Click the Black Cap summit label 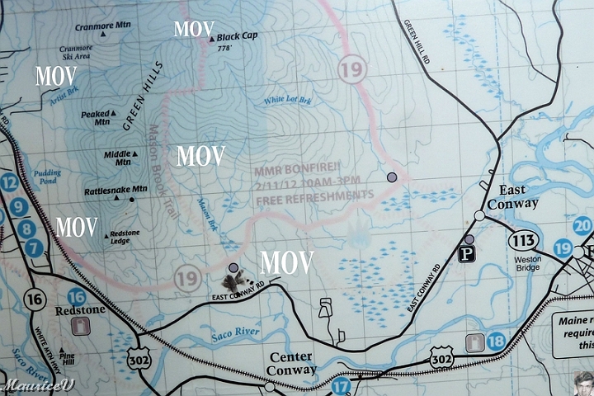238,37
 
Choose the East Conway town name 512,197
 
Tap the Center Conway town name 290,363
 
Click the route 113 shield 523,240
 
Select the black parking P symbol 467,254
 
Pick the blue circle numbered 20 583,225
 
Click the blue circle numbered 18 496,341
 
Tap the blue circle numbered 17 341,384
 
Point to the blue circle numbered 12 9,183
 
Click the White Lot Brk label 288,101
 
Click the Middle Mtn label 118,158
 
